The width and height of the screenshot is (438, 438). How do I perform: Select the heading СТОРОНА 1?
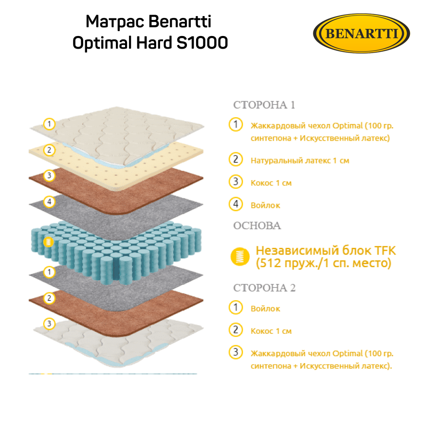[x=264, y=105]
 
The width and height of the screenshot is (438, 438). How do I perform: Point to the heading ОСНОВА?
[x=257, y=226]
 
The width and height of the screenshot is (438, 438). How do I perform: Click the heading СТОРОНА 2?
[x=264, y=288]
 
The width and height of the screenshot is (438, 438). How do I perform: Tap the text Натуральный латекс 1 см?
[x=300, y=160]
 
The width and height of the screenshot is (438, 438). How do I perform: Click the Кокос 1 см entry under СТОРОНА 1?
[x=271, y=183]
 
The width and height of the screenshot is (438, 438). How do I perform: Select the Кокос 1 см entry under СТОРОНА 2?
[x=271, y=331]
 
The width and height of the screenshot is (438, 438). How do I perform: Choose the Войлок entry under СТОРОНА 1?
[x=265, y=205]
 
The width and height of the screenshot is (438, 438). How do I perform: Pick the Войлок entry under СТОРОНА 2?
[x=265, y=309]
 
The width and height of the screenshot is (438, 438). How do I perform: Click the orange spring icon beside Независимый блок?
[x=239, y=256]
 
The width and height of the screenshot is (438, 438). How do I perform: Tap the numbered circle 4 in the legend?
[x=236, y=204]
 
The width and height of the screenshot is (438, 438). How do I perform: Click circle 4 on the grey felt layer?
[x=49, y=201]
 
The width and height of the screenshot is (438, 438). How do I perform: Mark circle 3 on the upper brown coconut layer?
[x=49, y=175]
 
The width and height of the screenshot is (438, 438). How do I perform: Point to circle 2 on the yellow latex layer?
[x=49, y=149]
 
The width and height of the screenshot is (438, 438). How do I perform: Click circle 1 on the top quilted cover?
[x=49, y=124]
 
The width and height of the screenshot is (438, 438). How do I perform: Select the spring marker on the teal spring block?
[x=48, y=242]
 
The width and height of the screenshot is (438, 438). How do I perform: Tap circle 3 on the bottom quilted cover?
[x=49, y=323]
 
